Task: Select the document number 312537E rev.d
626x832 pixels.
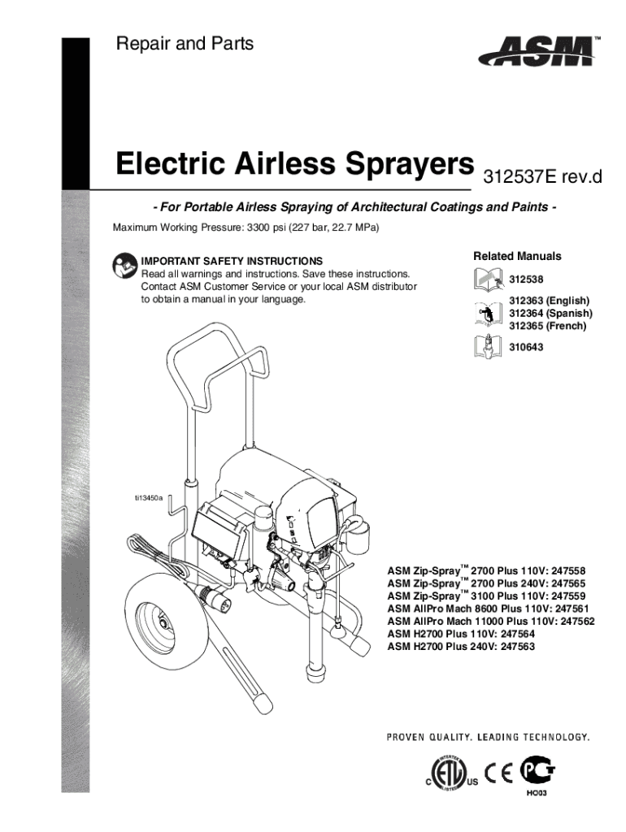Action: (x=542, y=176)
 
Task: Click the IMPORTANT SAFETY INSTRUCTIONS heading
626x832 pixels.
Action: (x=232, y=262)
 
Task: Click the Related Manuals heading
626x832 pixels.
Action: (x=517, y=257)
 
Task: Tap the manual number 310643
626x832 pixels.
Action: (x=527, y=347)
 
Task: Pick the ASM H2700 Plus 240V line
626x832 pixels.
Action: (x=462, y=647)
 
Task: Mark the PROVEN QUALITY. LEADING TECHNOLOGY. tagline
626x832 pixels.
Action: (x=487, y=738)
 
